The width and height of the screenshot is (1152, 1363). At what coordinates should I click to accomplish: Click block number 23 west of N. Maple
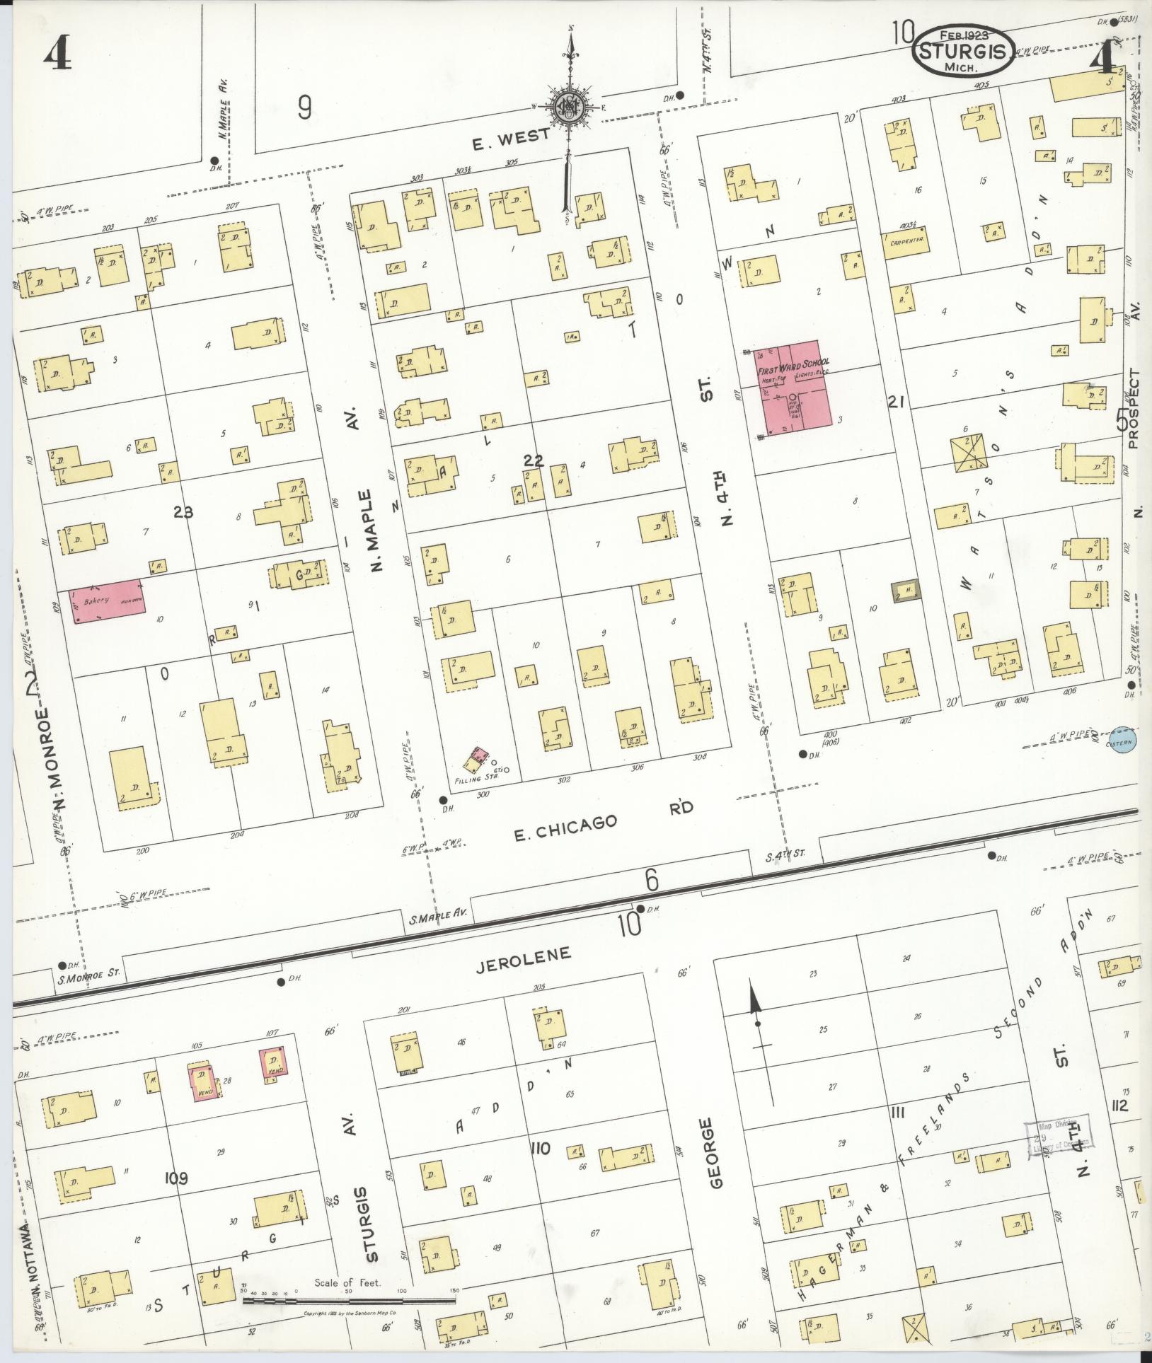(x=183, y=511)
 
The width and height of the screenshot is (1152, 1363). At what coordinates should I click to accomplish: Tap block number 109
(x=175, y=1178)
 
